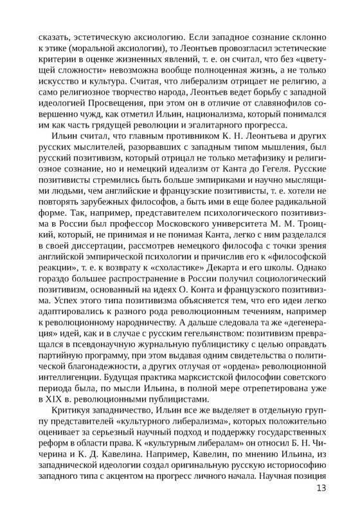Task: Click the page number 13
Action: (322, 488)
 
